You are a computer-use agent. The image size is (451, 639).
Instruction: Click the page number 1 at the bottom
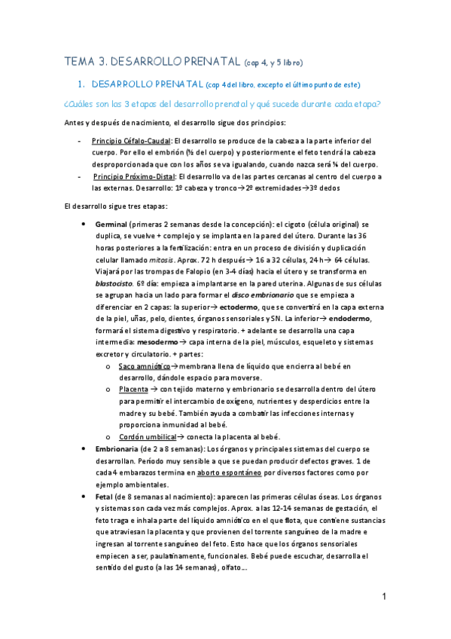(384, 597)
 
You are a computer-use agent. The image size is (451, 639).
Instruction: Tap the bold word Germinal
(111, 225)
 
